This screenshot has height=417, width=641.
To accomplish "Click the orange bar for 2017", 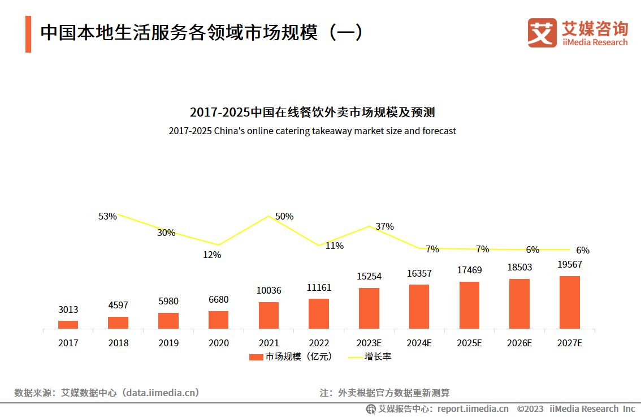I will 68,324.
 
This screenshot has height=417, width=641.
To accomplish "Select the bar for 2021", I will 268,315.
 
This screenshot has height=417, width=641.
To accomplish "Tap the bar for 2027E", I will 569,302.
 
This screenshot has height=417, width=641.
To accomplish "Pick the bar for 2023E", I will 369,308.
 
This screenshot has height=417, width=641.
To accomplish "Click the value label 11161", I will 319,287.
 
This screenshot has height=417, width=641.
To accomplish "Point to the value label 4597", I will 118,306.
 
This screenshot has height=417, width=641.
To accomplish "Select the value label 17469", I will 469,270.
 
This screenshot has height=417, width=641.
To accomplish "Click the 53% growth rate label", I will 107,216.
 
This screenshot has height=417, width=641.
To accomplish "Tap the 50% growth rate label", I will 284,216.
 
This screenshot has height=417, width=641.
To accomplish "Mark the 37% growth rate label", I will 384,226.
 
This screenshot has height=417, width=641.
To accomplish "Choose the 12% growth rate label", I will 212,255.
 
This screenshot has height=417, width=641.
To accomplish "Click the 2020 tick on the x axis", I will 218,343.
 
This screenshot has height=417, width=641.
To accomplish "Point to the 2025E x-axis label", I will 469,343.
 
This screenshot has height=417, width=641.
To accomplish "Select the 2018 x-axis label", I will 118,343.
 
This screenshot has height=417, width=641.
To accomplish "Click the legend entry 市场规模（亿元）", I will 291,356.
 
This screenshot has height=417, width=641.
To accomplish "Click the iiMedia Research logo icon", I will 542,33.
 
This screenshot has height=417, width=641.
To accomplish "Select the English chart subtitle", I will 312,131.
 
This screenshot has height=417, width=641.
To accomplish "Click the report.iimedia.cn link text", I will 473,409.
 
